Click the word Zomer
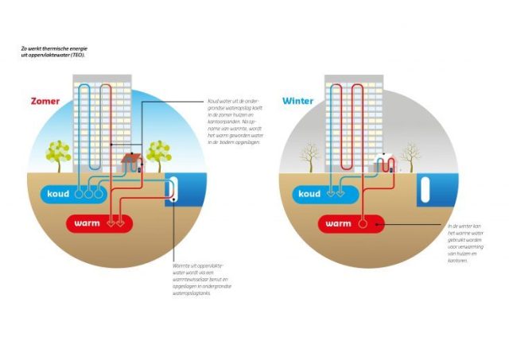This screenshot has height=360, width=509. click(46, 102)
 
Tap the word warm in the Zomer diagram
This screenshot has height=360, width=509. click(87, 223)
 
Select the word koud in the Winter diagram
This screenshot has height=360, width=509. click(309, 194)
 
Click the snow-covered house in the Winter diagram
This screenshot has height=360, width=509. click(386, 164)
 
